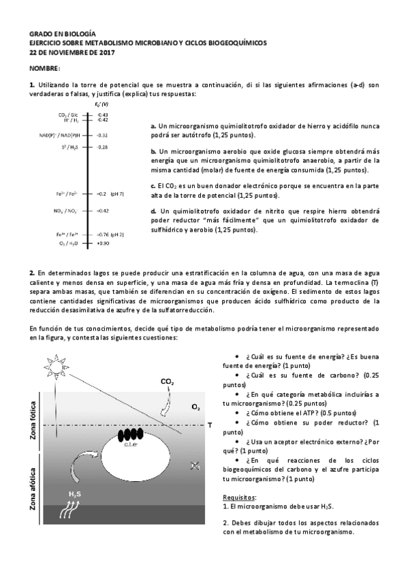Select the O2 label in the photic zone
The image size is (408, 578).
(x=195, y=407)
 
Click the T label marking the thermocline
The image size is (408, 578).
(x=210, y=425)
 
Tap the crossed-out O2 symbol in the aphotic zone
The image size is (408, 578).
(x=195, y=466)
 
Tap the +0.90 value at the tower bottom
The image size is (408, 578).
(x=103, y=243)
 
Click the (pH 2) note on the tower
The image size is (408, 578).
(x=117, y=234)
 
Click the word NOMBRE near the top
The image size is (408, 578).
(x=45, y=70)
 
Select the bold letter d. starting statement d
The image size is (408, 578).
(x=153, y=211)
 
